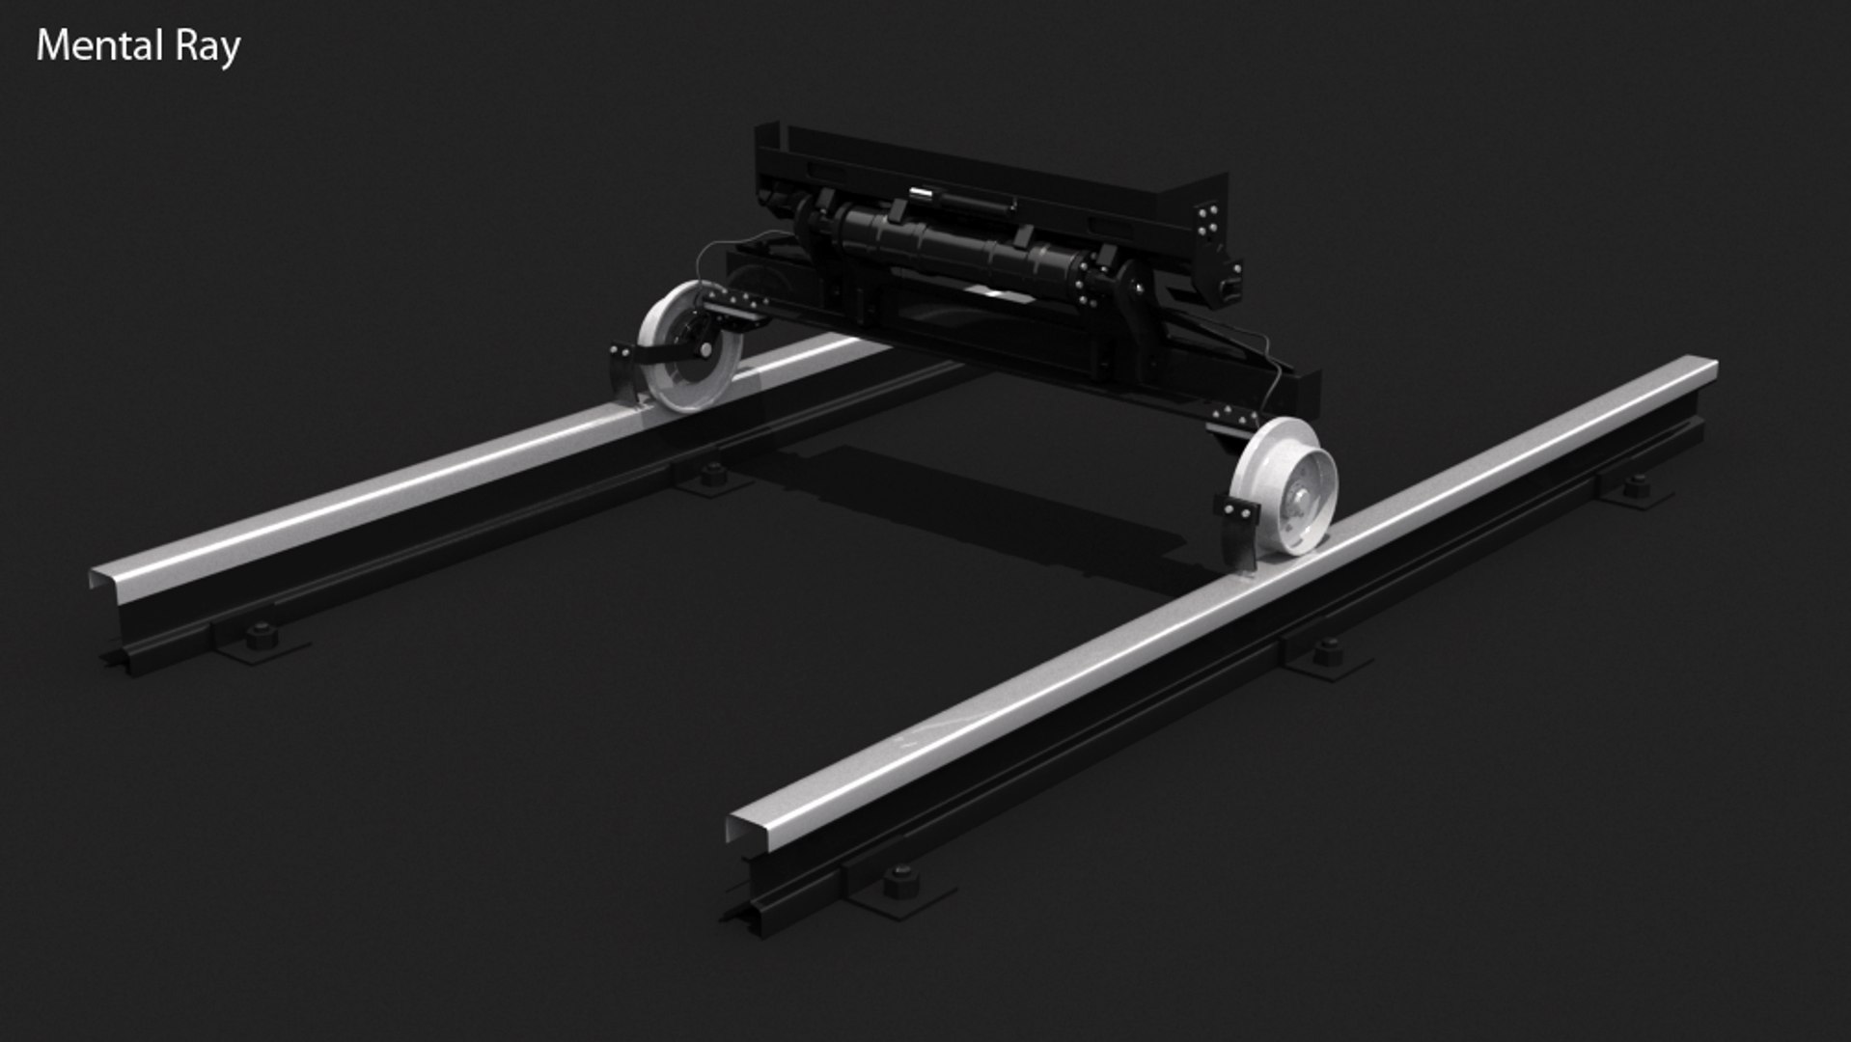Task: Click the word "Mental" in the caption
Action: [x=98, y=46]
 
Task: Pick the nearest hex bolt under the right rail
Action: [x=900, y=881]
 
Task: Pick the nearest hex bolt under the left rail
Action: [x=260, y=636]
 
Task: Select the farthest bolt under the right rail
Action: [x=1635, y=485]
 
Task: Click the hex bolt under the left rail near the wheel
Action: [x=712, y=474]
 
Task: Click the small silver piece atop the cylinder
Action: [x=925, y=196]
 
